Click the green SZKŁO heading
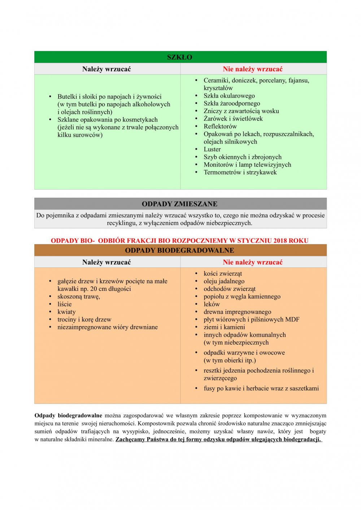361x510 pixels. (x=179, y=57)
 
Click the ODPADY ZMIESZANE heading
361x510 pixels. (x=179, y=204)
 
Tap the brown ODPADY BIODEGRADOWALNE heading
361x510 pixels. (x=179, y=250)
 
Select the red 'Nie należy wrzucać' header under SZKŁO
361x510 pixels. (x=253, y=69)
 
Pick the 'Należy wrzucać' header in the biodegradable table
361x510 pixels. (x=106, y=262)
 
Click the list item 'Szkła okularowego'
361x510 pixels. (x=229, y=96)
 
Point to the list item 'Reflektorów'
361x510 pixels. (x=220, y=126)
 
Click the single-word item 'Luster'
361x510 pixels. (x=212, y=149)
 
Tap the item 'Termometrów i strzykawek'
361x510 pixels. (x=240, y=172)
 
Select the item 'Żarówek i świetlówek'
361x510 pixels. (x=233, y=119)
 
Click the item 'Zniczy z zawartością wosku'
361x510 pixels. (x=241, y=111)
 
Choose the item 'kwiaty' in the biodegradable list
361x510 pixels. (x=66, y=312)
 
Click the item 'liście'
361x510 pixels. (x=65, y=304)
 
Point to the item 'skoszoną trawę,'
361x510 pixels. (x=79, y=296)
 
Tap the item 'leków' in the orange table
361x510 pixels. (x=212, y=304)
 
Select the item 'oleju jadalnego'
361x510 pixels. (x=224, y=281)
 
